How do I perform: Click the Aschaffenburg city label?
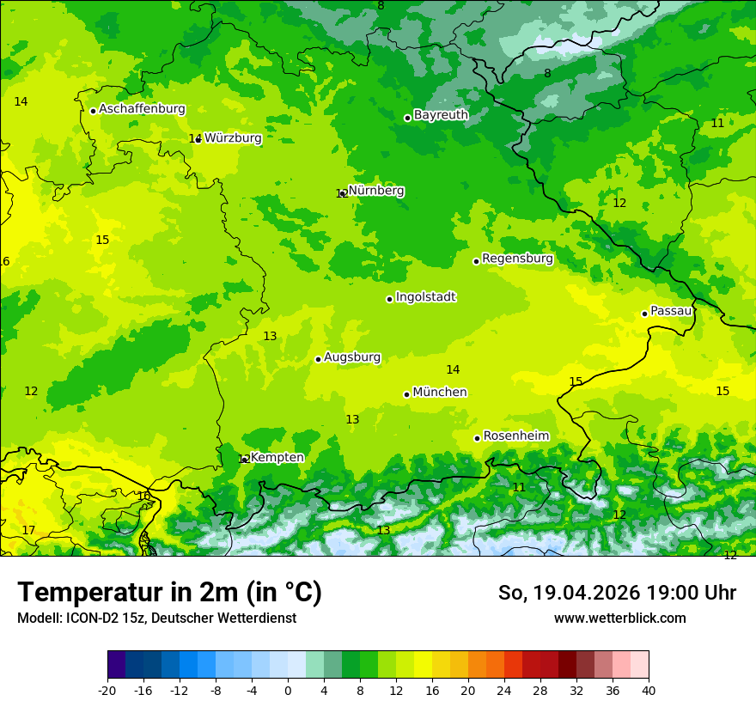(142, 109)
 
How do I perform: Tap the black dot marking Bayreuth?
(407, 118)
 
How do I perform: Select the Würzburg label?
(233, 137)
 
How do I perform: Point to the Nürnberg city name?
(376, 191)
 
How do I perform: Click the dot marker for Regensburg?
(476, 261)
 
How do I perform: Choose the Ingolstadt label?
(425, 297)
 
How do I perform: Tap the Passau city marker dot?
(644, 314)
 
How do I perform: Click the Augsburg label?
(352, 357)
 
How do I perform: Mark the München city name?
(440, 393)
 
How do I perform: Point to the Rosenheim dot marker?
(477, 438)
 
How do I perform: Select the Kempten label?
(277, 458)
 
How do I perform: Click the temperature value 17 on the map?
(28, 530)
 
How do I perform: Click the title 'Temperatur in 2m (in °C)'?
(169, 592)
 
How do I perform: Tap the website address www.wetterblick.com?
(619, 618)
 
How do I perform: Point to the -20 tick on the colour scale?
(107, 690)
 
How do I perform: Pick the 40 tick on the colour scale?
(649, 690)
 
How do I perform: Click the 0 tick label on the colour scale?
(288, 690)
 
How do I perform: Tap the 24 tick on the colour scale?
(504, 690)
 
